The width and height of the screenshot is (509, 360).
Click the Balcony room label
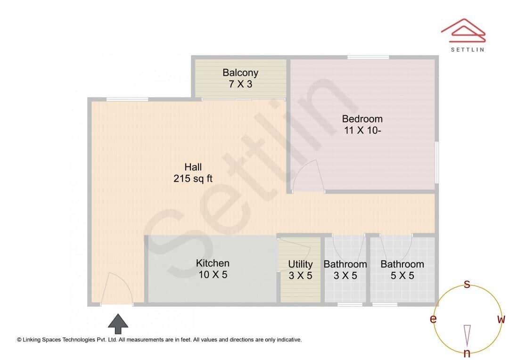[x=240, y=78]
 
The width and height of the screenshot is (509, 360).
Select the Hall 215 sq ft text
[x=193, y=172]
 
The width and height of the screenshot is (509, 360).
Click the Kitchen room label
[x=213, y=269]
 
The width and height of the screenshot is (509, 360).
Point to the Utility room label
[x=300, y=270]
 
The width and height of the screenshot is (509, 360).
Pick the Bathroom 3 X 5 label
[x=345, y=270]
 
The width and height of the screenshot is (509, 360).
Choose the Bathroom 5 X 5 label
[x=402, y=270]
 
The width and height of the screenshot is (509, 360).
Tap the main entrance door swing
[x=116, y=289]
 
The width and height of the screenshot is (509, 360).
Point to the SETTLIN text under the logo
[x=467, y=49]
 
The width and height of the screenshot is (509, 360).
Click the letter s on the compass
[x=467, y=284]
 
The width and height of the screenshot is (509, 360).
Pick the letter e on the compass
[x=433, y=319]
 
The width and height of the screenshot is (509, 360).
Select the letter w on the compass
[x=501, y=319]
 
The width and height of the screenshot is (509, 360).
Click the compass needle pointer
[x=467, y=335]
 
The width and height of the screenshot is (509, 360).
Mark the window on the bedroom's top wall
[x=368, y=57]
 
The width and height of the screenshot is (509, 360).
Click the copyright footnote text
[x=159, y=339]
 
